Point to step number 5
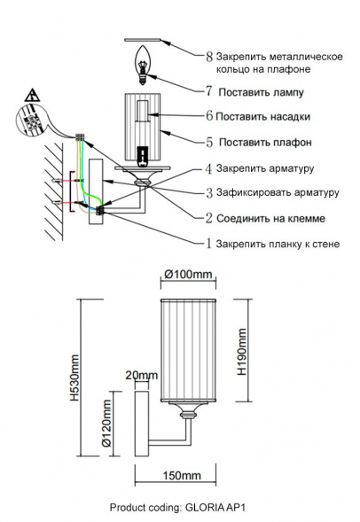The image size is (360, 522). pyautogui.click(x=208, y=141)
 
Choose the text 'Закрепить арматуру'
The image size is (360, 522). pyautogui.click(x=264, y=167)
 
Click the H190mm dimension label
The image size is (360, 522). pyautogui.click(x=241, y=351)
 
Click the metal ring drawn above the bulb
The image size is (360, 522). pyautogui.click(x=142, y=39)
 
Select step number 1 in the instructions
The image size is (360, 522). pyautogui.click(x=208, y=243)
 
